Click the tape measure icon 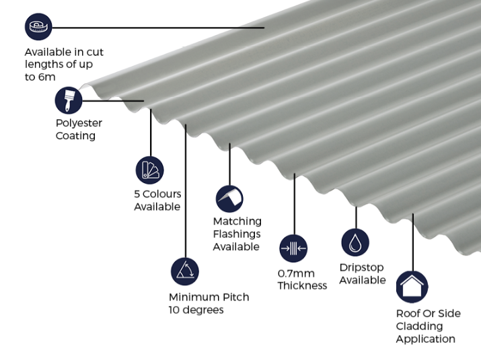click(38, 28)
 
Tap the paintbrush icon click(69, 101)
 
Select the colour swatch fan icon click(149, 170)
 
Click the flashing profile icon click(229, 199)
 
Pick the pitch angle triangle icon click(185, 271)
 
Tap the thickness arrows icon click(293, 248)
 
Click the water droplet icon click(355, 242)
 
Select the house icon click(412, 287)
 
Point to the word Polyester click(79, 123)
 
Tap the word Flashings click(237, 234)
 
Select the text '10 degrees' click(196, 310)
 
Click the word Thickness click(302, 286)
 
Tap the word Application click(426, 339)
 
